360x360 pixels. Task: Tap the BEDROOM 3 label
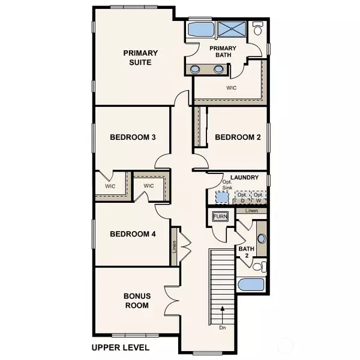point(133,137)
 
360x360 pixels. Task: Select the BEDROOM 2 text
point(238,137)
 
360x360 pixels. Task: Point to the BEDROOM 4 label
point(133,234)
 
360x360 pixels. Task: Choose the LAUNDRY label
point(244,178)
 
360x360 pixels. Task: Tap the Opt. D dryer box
point(242,197)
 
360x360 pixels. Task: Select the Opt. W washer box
point(259,197)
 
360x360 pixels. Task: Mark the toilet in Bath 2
point(259,266)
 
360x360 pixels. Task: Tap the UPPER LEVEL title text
point(121,347)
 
